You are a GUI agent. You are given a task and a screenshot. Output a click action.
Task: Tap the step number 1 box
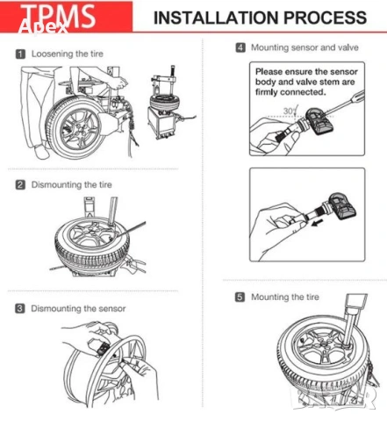18,54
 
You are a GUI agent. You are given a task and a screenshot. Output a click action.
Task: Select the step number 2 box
18,185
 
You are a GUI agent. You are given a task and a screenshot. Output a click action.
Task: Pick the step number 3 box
18,309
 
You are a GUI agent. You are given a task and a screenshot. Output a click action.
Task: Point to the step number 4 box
240,47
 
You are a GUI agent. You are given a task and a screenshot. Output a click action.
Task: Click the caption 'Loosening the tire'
68,54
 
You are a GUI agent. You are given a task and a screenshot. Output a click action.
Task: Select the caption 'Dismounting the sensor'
78,309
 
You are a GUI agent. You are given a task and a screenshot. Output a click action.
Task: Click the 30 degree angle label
288,111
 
